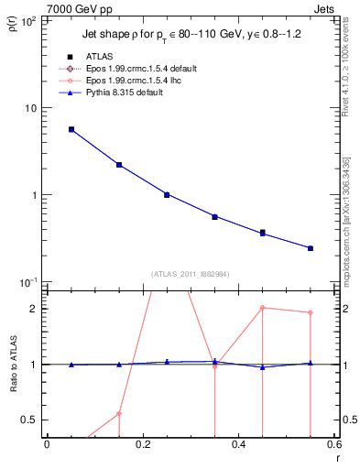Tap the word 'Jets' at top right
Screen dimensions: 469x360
click(322, 8)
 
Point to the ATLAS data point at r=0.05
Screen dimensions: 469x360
click(71, 129)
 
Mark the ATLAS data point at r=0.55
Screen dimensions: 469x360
click(311, 248)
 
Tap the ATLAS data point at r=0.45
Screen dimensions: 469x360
click(263, 233)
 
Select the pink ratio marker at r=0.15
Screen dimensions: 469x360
click(119, 413)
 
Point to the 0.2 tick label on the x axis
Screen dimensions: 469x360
click(142, 444)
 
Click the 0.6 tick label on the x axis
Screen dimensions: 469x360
click(333, 444)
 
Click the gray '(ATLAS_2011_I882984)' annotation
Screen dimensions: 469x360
click(191, 273)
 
